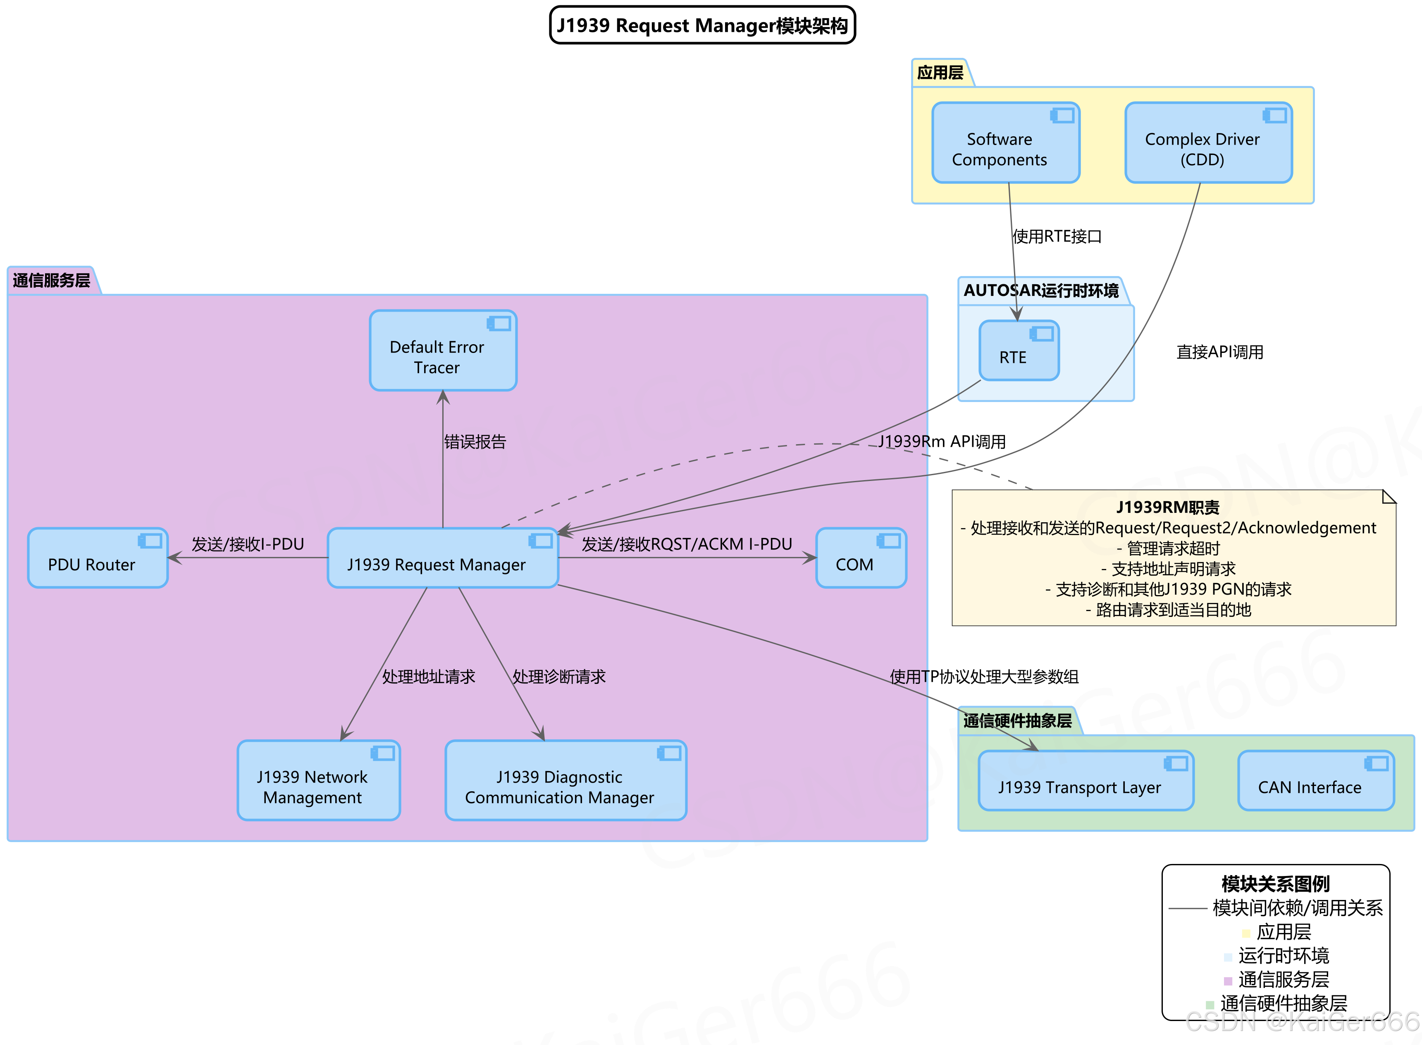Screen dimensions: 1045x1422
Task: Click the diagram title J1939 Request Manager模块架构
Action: point(702,25)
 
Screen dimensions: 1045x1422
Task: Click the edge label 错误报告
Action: point(475,442)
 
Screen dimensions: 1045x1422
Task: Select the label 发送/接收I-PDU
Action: point(248,544)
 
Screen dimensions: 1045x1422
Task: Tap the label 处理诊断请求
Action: point(559,677)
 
